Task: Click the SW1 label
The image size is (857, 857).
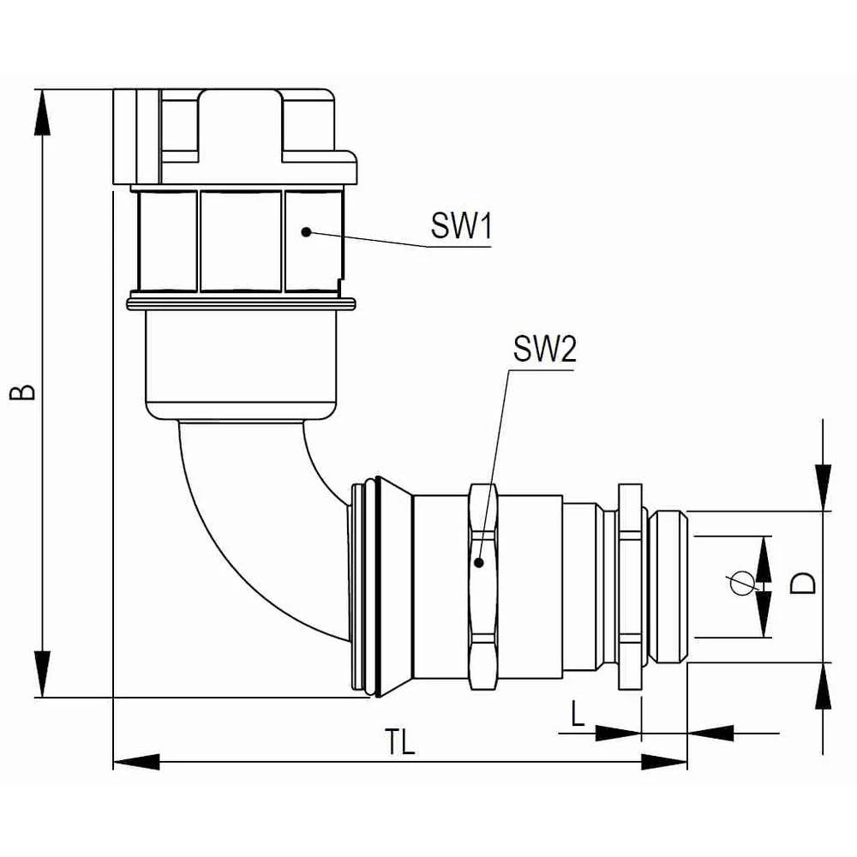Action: [459, 228]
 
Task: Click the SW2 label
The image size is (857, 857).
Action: [544, 350]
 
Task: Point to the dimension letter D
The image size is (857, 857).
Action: [802, 585]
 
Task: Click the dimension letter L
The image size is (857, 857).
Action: [578, 713]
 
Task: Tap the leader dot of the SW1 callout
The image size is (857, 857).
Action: [306, 231]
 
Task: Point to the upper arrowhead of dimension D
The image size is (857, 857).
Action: [823, 488]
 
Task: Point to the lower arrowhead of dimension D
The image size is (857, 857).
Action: [823, 686]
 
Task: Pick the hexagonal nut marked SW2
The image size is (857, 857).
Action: [482, 586]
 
